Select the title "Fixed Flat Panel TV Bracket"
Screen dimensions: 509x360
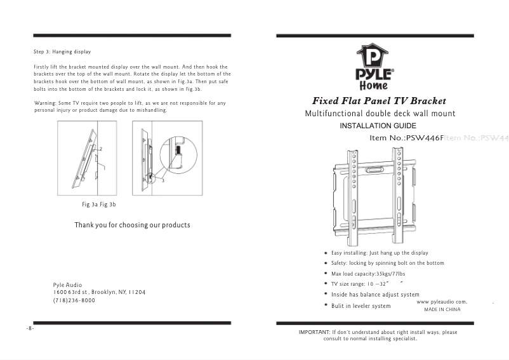379,101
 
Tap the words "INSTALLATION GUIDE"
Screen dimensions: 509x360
378,126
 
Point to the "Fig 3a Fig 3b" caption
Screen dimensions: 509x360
99,205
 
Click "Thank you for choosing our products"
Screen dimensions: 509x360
132,225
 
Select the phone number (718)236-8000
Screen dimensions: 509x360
74,300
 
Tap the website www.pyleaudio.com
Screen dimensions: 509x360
442,302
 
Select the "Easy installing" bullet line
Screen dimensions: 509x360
380,253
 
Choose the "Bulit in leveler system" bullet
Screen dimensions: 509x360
360,306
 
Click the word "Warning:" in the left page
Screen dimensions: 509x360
45,103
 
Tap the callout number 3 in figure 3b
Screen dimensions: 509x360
162,181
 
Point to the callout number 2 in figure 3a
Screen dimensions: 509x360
100,149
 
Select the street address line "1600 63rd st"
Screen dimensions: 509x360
99,292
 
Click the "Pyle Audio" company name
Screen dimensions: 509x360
67,285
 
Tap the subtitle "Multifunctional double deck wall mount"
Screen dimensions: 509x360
380,114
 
